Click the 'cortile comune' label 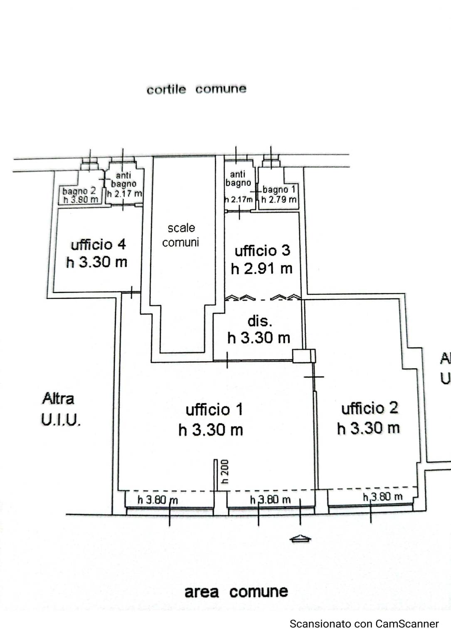(x=196, y=89)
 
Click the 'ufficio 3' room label (x=262, y=251)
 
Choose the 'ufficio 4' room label (x=98, y=245)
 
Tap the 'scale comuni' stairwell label (x=181, y=235)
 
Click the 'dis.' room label (x=260, y=321)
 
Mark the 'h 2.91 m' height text (x=261, y=269)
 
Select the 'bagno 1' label (x=279, y=190)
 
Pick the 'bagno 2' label (x=79, y=191)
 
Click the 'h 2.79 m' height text (x=278, y=200)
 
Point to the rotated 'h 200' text (x=225, y=472)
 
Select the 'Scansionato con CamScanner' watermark (x=364, y=623)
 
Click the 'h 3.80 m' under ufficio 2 (x=383, y=497)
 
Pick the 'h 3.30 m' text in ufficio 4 (x=96, y=262)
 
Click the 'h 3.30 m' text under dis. (x=259, y=338)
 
